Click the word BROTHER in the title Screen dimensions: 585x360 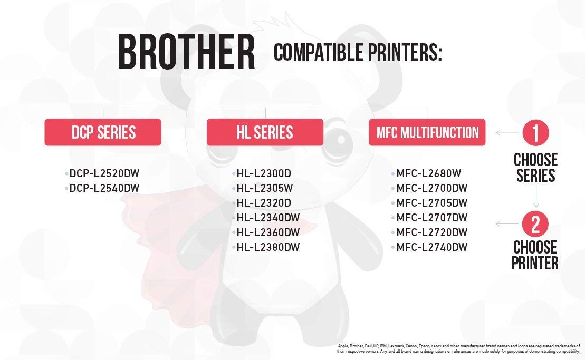coord(187,52)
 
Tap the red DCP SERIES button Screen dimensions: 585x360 coord(103,132)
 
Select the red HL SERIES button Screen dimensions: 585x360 coord(265,132)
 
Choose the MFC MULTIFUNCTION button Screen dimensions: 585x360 coord(427,132)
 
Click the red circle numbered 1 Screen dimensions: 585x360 coord(535,132)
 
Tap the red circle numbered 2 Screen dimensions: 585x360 coord(535,224)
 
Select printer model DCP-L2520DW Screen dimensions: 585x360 coord(104,173)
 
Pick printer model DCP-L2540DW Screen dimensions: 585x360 coord(104,188)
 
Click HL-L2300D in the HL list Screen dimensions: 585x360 coord(264,173)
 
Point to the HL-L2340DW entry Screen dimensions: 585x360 coord(268,218)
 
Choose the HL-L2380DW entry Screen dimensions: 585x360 coord(268,247)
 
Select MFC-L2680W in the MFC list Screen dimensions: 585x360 coord(429,173)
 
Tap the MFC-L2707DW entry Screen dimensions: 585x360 coord(432,218)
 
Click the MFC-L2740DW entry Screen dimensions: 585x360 coord(432,247)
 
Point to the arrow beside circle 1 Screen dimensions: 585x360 coord(507,132)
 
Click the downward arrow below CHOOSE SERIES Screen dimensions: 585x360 coord(536,196)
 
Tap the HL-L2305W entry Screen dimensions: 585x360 coord(265,188)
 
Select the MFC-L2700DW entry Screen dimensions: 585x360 coord(432,188)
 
